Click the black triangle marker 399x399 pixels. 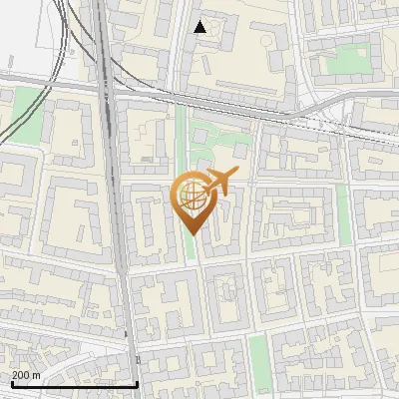[x=200, y=27]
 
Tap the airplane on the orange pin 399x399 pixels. [x=221, y=182]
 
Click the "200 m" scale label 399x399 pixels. [x=26, y=375]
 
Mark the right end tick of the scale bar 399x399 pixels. [x=137, y=383]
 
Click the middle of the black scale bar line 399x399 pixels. [x=72, y=385]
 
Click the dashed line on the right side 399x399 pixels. [x=339, y=121]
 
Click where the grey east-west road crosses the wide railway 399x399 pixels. [x=106, y=85]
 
